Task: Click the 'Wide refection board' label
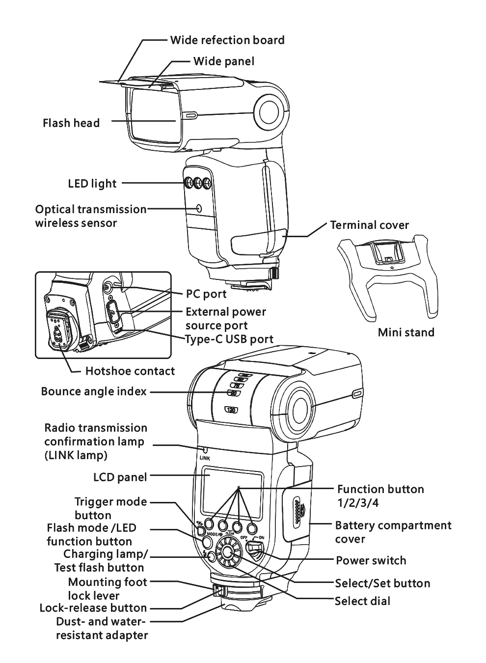227,40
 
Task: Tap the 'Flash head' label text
71,123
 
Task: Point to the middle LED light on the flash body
198,184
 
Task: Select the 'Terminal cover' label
369,225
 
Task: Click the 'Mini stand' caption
406,332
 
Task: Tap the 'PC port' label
206,294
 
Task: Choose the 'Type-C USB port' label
229,339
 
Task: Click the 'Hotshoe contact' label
130,371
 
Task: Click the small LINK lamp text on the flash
205,457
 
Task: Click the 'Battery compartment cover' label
393,532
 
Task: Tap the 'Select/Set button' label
382,583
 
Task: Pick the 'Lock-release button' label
93,608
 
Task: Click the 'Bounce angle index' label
94,391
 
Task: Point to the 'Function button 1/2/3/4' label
380,496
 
